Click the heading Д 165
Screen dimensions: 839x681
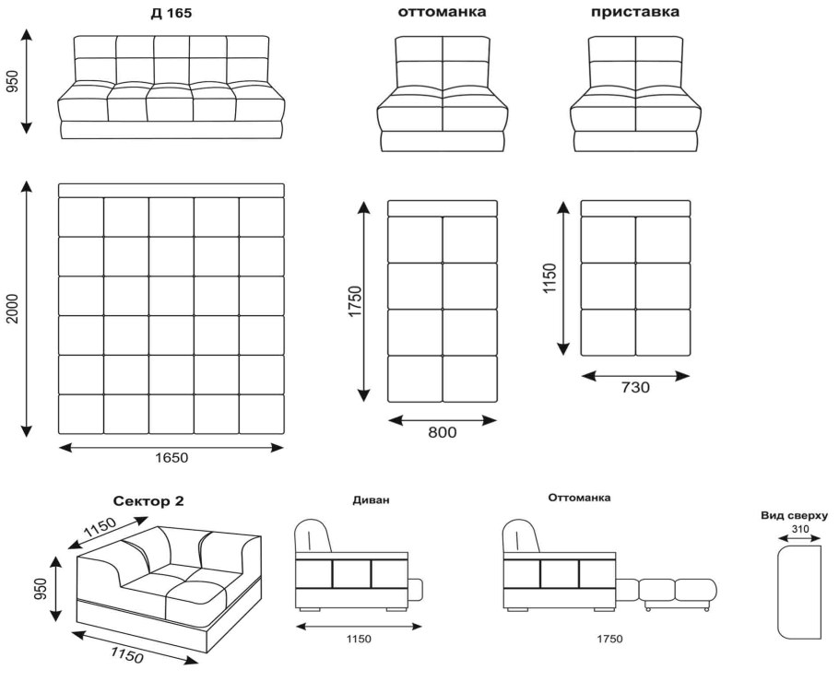(x=171, y=14)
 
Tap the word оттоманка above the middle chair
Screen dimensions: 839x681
(x=442, y=12)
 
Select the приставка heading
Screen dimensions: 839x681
(x=635, y=12)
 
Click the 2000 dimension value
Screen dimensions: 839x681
(x=12, y=309)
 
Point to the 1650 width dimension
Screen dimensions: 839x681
(x=171, y=458)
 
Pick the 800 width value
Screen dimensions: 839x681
(x=443, y=432)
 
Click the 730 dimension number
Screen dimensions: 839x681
(x=635, y=387)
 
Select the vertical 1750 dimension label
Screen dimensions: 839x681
(x=355, y=301)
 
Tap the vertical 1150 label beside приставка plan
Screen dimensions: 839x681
(x=549, y=278)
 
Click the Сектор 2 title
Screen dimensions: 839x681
(x=148, y=501)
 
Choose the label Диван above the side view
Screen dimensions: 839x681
(x=371, y=500)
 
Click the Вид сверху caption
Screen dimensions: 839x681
(x=795, y=516)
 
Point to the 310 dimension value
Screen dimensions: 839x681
(x=799, y=529)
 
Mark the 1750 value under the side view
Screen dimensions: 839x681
(x=610, y=639)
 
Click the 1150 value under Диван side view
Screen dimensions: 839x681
(x=359, y=639)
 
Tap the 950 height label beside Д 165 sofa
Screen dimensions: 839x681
(x=12, y=81)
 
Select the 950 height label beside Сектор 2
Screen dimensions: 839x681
(x=41, y=589)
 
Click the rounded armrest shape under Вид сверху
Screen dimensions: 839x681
(x=777, y=592)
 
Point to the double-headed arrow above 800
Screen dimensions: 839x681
(x=443, y=420)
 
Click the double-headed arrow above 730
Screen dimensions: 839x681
(x=635, y=377)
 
